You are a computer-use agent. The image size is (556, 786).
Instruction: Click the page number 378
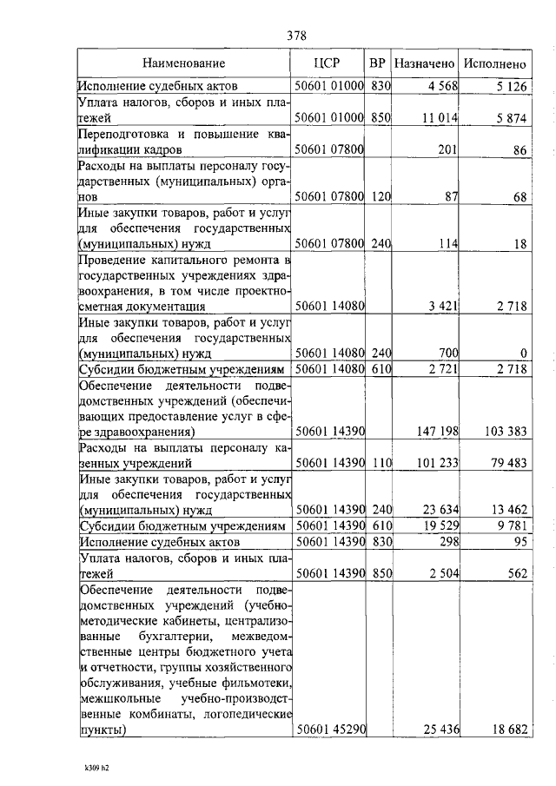pos(295,36)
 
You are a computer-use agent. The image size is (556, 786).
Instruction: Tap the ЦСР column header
pos(328,63)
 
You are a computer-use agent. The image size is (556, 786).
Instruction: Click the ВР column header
pos(377,63)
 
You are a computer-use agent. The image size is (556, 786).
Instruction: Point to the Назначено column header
pos(424,63)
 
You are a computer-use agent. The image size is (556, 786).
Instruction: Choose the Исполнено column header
pos(495,63)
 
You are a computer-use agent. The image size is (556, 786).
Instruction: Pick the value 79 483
pos(506,464)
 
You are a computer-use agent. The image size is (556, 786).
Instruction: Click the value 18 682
pos(506,730)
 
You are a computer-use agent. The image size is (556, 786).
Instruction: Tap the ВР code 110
pos(379,464)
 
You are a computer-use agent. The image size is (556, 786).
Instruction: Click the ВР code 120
pos(379,198)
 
